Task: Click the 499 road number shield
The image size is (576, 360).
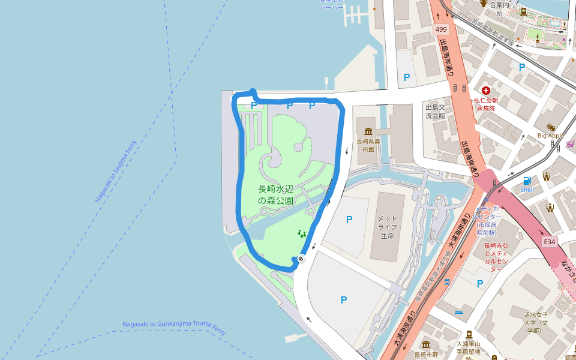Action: coord(442,29)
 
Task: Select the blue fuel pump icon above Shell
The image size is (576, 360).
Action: coord(527,180)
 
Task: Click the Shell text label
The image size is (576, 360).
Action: coord(527,190)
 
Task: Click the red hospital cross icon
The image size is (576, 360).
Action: coord(485,90)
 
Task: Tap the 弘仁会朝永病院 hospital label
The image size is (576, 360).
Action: coord(486,104)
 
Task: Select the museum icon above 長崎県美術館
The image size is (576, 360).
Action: coord(367,131)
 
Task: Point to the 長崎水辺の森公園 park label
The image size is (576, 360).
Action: coord(276,194)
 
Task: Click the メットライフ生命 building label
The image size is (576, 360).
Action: coord(386,227)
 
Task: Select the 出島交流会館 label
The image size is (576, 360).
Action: coord(434,111)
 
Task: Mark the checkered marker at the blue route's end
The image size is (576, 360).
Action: coord(301,259)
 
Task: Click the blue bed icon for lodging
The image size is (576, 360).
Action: coord(459,312)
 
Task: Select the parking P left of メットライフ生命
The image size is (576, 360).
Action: coord(349,220)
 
